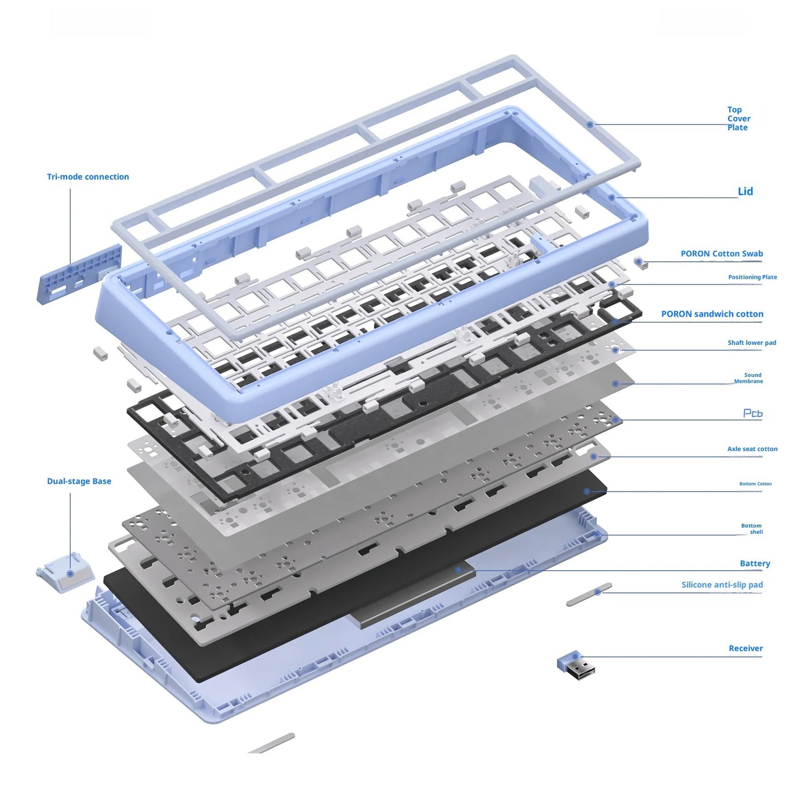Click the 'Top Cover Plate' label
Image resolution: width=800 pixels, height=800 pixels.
739,118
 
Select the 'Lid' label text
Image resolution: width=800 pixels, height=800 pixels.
745,192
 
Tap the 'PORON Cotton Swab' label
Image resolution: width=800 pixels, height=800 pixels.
721,254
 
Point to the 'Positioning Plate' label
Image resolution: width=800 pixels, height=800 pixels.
752,277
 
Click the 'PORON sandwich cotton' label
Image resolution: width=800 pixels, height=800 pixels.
712,314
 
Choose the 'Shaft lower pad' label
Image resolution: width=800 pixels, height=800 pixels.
751,343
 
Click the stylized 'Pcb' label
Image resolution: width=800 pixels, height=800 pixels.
752,414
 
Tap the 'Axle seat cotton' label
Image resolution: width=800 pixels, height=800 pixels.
752,449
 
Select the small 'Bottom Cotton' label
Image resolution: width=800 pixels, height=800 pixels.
755,484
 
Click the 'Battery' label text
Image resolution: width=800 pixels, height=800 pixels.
755,564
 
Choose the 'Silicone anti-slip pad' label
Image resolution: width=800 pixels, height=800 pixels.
722,585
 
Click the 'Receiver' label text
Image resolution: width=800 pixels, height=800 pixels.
745,648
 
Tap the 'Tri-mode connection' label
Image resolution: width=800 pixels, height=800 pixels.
88,177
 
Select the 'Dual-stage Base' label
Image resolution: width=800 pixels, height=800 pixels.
79,481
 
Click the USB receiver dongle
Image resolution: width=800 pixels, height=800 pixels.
576,665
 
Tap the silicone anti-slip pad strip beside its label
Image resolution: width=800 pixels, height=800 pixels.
589,595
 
